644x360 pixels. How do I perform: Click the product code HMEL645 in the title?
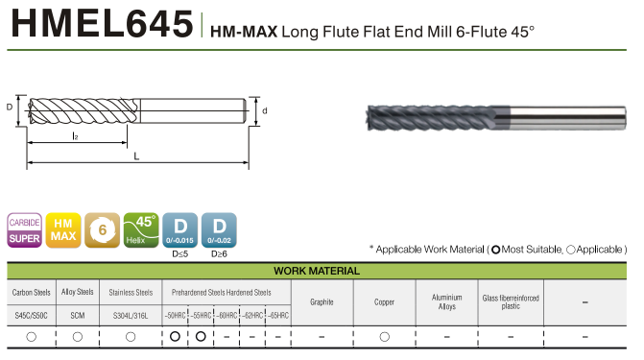(103, 24)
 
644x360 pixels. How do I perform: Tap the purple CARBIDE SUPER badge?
(25, 230)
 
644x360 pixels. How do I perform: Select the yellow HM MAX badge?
(63, 230)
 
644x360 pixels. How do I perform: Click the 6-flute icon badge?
(103, 230)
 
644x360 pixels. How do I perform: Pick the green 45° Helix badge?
(141, 230)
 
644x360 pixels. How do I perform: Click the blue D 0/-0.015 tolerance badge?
(179, 230)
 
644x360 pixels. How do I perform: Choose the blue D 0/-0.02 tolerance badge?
(219, 230)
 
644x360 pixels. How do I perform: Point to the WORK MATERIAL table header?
(317, 272)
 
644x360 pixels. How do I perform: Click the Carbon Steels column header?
(32, 293)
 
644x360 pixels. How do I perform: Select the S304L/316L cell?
(131, 316)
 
